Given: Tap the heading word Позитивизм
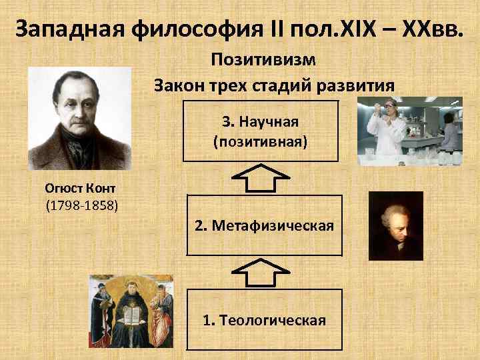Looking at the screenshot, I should pos(263,59).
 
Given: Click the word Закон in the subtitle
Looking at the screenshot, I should pos(179,85).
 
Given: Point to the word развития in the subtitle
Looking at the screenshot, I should pos(357,85).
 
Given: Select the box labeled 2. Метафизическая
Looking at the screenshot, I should pos(264,225).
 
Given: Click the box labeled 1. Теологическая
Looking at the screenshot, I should pos(264,319).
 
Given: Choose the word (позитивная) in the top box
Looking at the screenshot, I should pos(260,141).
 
